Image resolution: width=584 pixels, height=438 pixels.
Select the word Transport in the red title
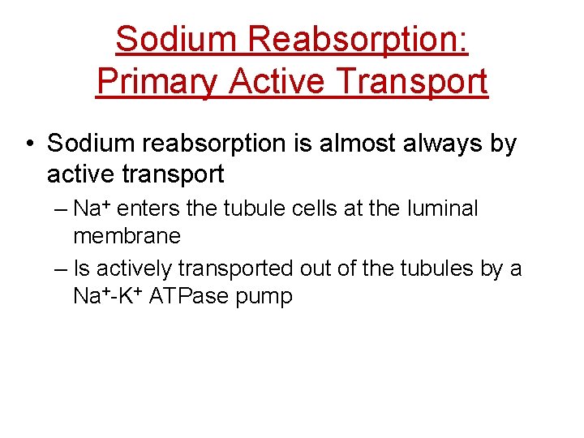[x=411, y=82]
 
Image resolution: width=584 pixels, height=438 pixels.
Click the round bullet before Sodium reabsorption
[x=28, y=145]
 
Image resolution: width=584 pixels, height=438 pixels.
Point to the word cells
[x=317, y=209]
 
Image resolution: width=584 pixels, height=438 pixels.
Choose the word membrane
[x=127, y=236]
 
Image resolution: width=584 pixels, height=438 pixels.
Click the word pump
[x=263, y=298]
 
